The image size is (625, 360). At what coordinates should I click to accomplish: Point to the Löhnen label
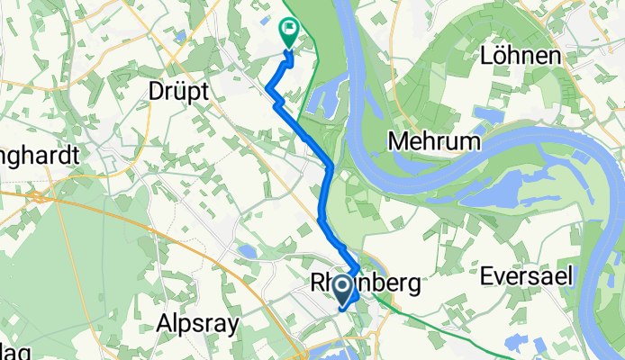pos(520,56)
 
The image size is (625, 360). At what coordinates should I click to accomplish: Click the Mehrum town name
pos(433,141)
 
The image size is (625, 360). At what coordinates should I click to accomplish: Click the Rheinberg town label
pos(364,283)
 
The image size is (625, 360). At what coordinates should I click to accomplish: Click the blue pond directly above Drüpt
pos(181,37)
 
